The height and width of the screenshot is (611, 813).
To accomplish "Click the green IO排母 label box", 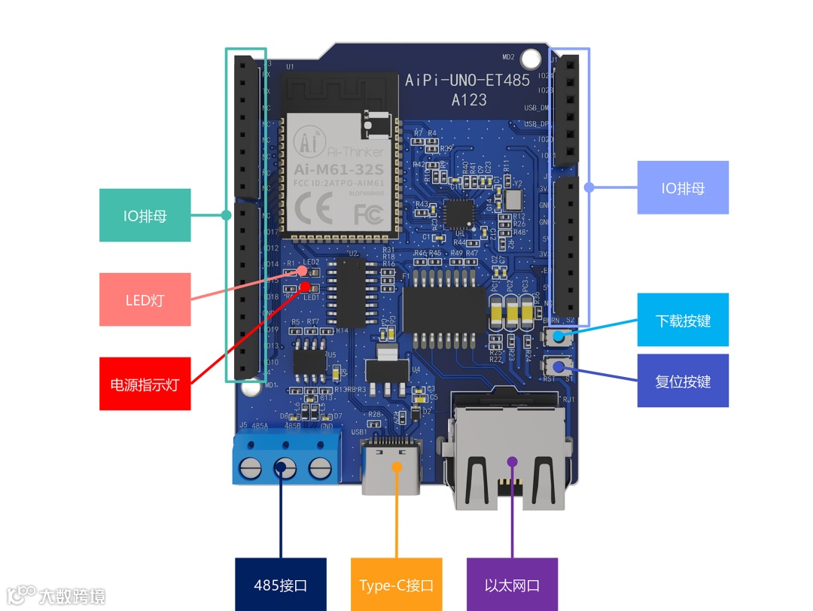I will [145, 215].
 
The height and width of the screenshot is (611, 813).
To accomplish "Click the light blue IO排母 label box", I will [683, 187].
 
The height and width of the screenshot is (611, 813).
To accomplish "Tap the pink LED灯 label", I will [145, 299].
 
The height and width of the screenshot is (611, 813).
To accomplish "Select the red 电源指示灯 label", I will [145, 384].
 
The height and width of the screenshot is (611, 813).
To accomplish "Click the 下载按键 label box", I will [683, 320].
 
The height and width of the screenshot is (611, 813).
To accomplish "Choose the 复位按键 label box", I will [683, 381].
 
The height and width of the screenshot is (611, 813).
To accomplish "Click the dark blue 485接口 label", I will [280, 585].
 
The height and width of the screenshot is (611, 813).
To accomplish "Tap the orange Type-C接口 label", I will [397, 585].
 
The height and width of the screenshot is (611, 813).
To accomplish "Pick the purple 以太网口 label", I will [512, 585].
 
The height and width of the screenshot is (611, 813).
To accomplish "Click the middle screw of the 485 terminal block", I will [285, 468].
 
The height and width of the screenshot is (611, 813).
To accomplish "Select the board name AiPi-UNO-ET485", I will [467, 80].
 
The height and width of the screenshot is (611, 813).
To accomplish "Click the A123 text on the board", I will [468, 99].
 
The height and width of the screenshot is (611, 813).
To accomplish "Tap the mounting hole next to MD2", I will [531, 57].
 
